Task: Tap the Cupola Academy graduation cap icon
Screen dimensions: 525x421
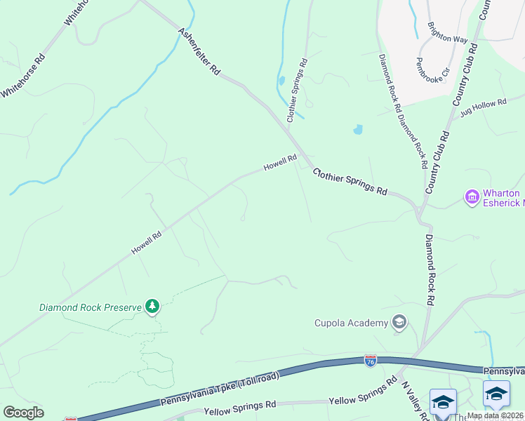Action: click(399, 322)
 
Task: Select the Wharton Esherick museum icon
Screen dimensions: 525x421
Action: click(472, 197)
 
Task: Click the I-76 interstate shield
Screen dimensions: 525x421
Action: click(371, 361)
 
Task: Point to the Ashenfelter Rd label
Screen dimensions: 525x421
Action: click(199, 52)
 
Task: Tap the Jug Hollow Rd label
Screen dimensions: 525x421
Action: click(483, 107)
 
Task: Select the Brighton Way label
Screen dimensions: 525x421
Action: click(447, 33)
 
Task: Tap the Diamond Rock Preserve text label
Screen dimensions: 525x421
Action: click(90, 307)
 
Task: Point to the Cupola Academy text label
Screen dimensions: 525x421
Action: click(350, 323)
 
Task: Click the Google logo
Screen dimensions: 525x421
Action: click(23, 413)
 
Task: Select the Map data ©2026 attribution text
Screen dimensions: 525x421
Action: click(494, 415)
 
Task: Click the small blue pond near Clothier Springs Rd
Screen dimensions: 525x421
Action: click(358, 130)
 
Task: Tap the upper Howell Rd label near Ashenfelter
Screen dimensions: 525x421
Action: click(280, 163)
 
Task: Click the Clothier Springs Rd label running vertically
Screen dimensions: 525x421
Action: click(297, 88)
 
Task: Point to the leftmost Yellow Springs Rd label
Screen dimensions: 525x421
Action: click(239, 406)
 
